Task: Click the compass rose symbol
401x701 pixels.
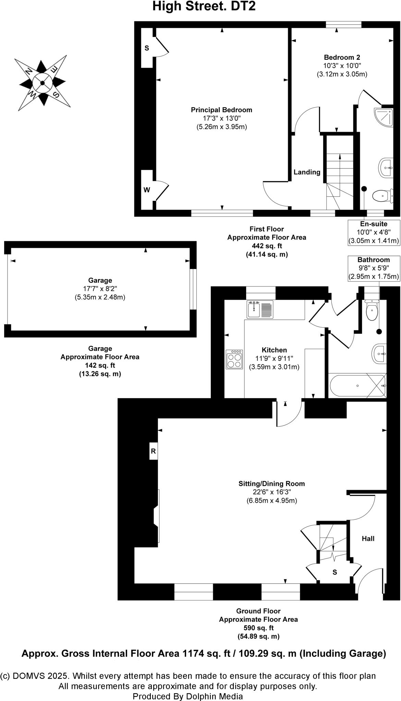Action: (42, 83)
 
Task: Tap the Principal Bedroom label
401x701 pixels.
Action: (221, 110)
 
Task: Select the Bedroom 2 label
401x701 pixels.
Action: (342, 58)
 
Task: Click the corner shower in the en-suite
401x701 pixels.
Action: (384, 117)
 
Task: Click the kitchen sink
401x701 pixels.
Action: (260, 309)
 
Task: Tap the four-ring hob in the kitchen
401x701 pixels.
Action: (234, 359)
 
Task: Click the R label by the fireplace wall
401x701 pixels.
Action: (153, 451)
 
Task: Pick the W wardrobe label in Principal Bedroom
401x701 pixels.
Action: (147, 190)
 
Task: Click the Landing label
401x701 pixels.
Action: (307, 172)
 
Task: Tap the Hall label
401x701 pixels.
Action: (368, 539)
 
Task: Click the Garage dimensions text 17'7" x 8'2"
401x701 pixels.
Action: (100, 289)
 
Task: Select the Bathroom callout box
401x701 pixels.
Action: (374, 268)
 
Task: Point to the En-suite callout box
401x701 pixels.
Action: (374, 232)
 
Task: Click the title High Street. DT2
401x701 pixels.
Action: (204, 6)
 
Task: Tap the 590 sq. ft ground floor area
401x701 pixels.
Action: (258, 628)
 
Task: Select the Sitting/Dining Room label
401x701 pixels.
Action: (271, 484)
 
